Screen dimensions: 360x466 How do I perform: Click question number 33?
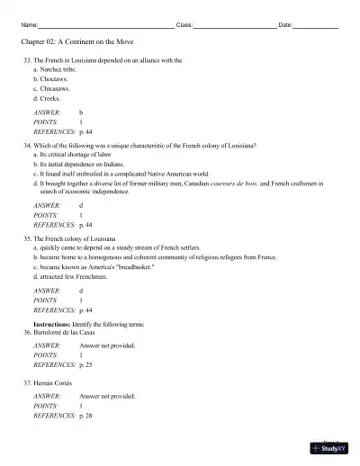[x=28, y=60]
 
